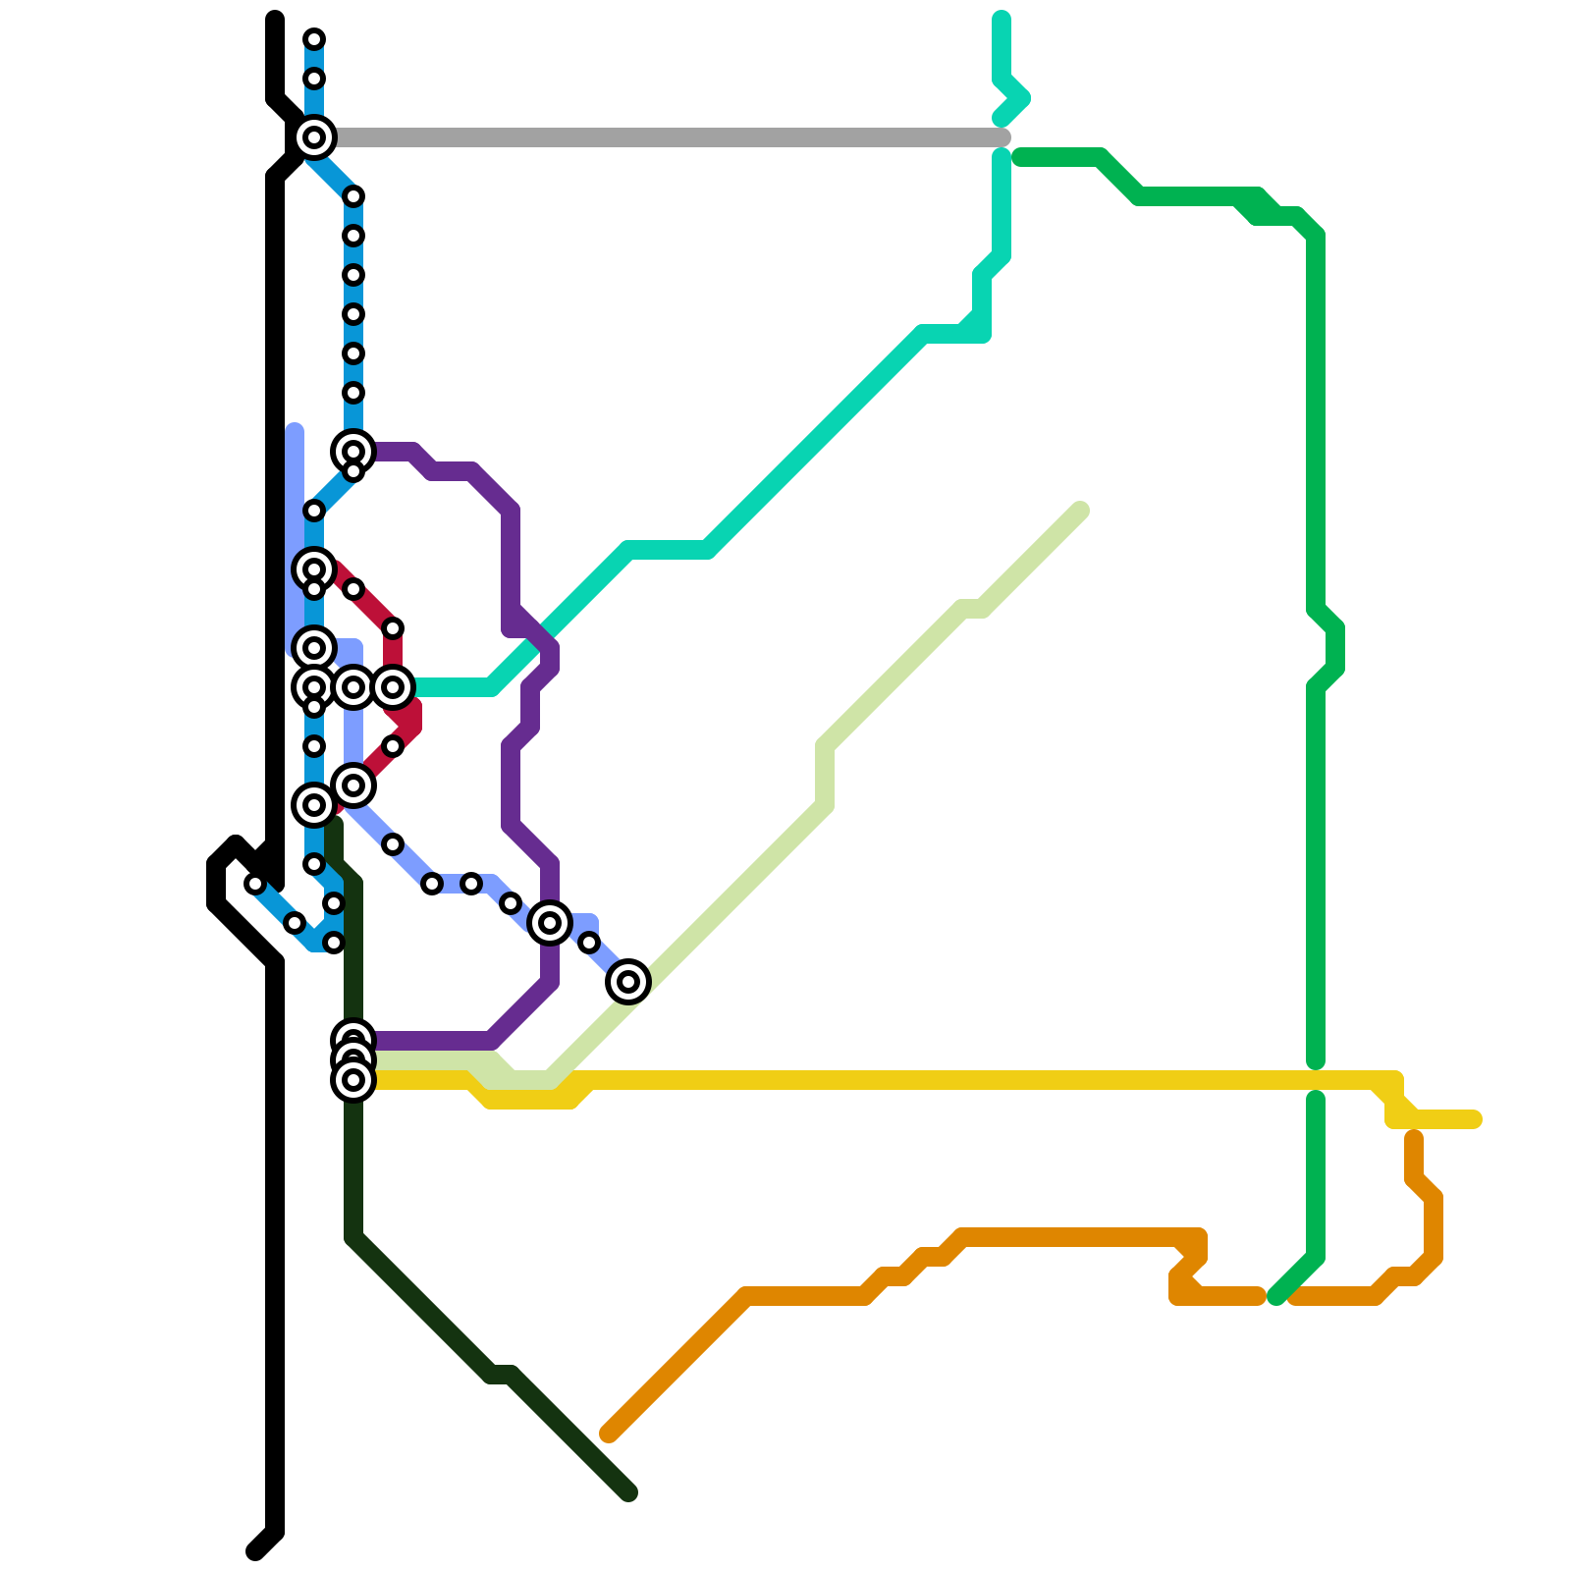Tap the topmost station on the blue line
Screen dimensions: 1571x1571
pos(314,39)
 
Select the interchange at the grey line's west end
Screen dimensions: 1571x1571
pos(314,137)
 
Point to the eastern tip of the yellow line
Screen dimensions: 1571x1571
pos(1475,1119)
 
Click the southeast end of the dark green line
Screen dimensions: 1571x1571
pos(629,1493)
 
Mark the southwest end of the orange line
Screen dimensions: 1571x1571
pos(609,1435)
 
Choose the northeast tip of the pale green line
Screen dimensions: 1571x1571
pos(1081,510)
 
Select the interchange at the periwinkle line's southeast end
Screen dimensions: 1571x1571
pos(628,982)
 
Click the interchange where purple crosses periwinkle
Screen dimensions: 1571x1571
pos(550,923)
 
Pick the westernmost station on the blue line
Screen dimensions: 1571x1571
pos(255,884)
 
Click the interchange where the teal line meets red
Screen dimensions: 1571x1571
pos(393,687)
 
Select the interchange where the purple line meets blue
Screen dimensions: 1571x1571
pos(353,452)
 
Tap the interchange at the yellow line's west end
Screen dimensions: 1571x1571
pos(353,1080)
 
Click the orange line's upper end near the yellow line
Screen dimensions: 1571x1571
pos(1414,1138)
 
